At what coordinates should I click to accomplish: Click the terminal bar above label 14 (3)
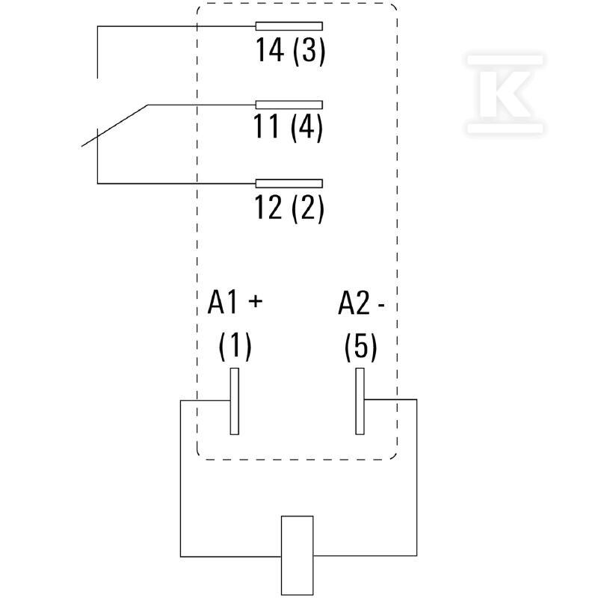289,26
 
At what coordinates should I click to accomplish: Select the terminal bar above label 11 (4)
289,105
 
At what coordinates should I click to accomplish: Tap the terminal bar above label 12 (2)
289,183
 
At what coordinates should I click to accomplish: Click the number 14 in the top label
270,50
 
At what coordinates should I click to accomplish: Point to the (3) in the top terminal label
309,51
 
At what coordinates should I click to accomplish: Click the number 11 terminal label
267,127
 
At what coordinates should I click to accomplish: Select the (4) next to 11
306,128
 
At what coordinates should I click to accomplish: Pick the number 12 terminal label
268,207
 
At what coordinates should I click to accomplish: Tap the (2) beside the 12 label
308,209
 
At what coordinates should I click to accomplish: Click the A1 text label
223,303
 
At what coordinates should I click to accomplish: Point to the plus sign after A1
256,301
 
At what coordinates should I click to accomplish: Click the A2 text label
354,303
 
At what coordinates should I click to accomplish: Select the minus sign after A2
380,306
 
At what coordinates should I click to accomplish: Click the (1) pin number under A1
235,346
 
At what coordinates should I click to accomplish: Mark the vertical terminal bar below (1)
235,401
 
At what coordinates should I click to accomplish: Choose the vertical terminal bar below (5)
360,401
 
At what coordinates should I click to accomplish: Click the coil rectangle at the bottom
297,555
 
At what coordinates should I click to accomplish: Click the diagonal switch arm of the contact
115,126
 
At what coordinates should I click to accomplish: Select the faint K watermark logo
505,94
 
